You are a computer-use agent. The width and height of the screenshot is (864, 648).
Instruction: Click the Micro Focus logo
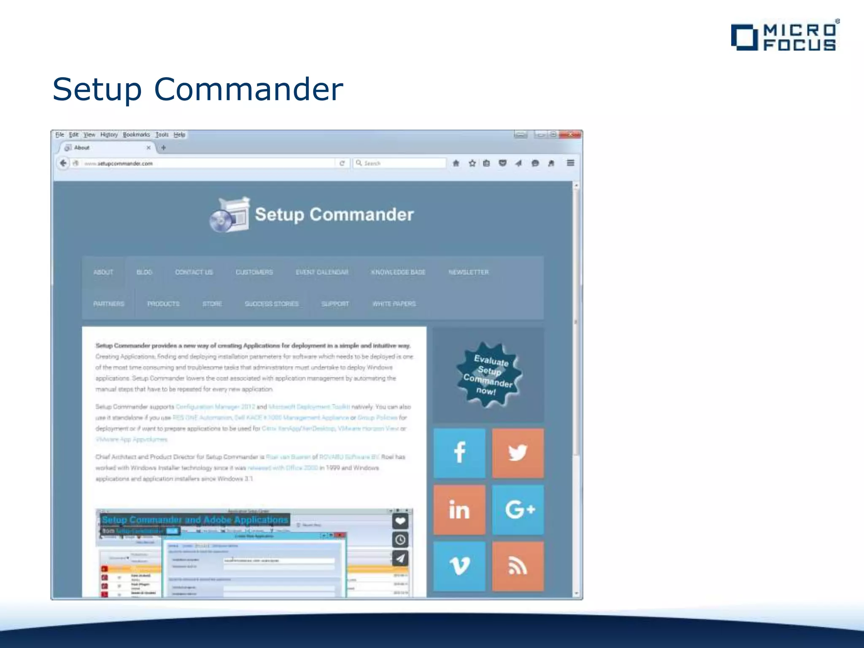click(x=785, y=37)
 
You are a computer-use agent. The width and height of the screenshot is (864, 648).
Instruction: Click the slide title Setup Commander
click(x=198, y=89)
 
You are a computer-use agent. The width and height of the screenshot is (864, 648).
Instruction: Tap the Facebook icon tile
click(x=459, y=453)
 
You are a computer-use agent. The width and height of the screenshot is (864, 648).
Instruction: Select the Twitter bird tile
click(x=518, y=453)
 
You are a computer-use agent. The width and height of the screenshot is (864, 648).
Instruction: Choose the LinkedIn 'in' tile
click(x=459, y=510)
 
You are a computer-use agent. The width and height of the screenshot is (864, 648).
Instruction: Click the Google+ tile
click(x=518, y=510)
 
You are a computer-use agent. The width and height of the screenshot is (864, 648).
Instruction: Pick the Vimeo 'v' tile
click(x=459, y=566)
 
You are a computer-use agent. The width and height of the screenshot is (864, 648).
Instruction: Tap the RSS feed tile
click(x=518, y=566)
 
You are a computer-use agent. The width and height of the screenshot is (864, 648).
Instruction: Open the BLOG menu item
click(x=144, y=272)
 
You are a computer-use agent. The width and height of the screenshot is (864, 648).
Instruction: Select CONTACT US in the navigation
click(x=194, y=272)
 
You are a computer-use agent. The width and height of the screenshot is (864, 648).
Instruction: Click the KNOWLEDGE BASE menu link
click(x=398, y=272)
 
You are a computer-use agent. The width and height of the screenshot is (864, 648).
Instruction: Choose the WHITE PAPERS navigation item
click(x=394, y=304)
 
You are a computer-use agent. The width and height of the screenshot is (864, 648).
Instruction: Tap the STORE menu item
click(x=212, y=304)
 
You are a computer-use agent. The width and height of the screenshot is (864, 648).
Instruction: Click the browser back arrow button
click(x=63, y=163)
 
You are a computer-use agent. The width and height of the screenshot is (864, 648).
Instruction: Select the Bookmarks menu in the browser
click(x=136, y=135)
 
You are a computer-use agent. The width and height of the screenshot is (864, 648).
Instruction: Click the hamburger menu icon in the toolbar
click(x=570, y=163)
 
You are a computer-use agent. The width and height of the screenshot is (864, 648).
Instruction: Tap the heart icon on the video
click(x=400, y=521)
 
